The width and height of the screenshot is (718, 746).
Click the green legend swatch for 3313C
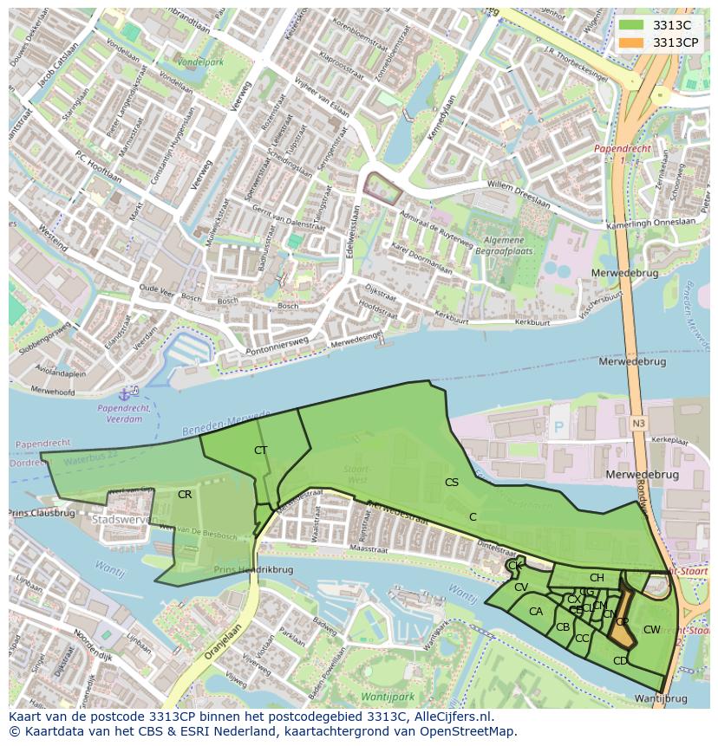click(630, 25)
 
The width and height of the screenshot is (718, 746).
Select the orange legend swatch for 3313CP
click(630, 42)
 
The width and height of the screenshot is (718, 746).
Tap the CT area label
click(260, 450)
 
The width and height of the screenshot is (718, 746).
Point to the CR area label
click(185, 494)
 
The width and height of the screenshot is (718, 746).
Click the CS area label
click(451, 482)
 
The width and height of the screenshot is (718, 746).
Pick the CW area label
click(652, 629)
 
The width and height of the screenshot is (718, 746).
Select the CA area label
click(536, 611)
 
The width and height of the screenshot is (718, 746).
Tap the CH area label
click(597, 577)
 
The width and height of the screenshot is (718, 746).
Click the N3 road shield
click(639, 422)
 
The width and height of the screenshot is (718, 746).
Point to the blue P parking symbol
click(558, 427)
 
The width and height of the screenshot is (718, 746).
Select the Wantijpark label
click(388, 696)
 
